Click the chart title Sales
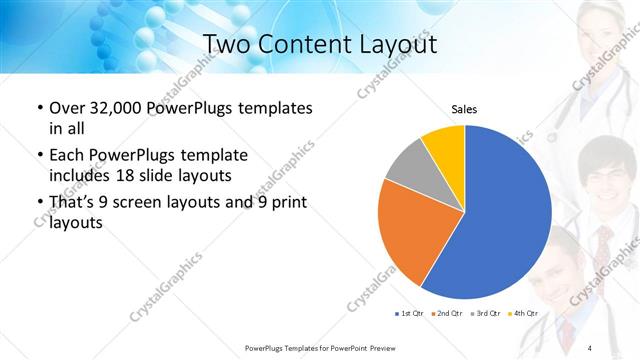pos(464,108)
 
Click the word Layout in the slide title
pos(390,44)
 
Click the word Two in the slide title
pos(229,44)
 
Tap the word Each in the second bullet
pos(68,156)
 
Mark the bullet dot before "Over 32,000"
pos(39,108)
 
